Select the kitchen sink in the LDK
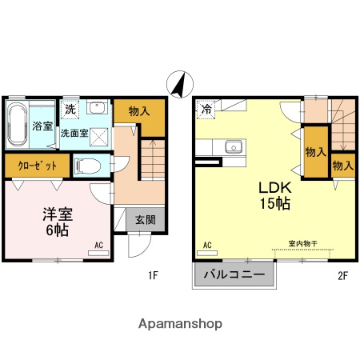coord(234,146)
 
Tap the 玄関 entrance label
coord(145,221)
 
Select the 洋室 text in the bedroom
coord(58,214)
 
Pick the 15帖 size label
coord(273,203)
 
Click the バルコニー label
coord(234,274)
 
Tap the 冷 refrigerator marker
coord(206,109)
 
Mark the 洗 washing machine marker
coord(70,108)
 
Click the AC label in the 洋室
coord(99,245)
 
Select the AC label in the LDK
coord(206,245)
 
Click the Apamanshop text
coord(180,325)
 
